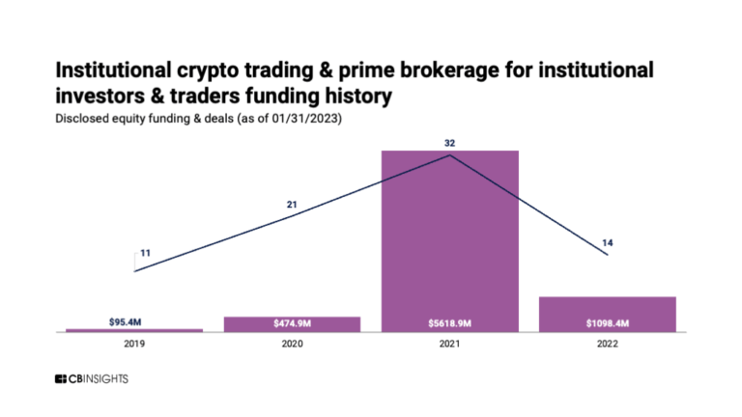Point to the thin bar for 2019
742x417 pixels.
pos(134,330)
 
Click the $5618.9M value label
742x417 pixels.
pos(450,320)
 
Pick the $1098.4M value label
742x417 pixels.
pos(607,320)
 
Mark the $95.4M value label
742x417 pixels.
pos(134,319)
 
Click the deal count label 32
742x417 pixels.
pos(450,143)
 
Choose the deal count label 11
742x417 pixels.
pos(145,253)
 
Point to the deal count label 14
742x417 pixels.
pos(608,241)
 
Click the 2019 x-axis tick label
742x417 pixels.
pos(134,344)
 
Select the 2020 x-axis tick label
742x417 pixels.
pos(292,344)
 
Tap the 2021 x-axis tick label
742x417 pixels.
pos(450,344)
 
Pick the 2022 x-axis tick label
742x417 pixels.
pos(607,344)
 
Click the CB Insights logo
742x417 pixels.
pos(92,379)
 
